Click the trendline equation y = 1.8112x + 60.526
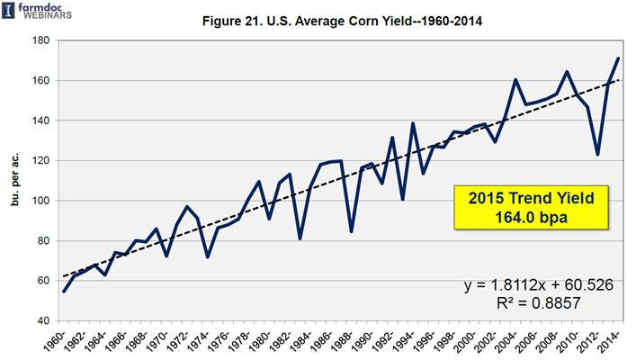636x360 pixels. click(x=539, y=285)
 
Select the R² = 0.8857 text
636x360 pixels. click(x=539, y=304)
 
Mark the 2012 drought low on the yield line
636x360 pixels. click(x=597, y=155)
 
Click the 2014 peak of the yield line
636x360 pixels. click(x=618, y=58)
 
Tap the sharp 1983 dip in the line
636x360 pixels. click(x=300, y=238)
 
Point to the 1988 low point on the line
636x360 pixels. click(x=351, y=231)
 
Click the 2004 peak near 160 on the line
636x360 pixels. click(x=515, y=80)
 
